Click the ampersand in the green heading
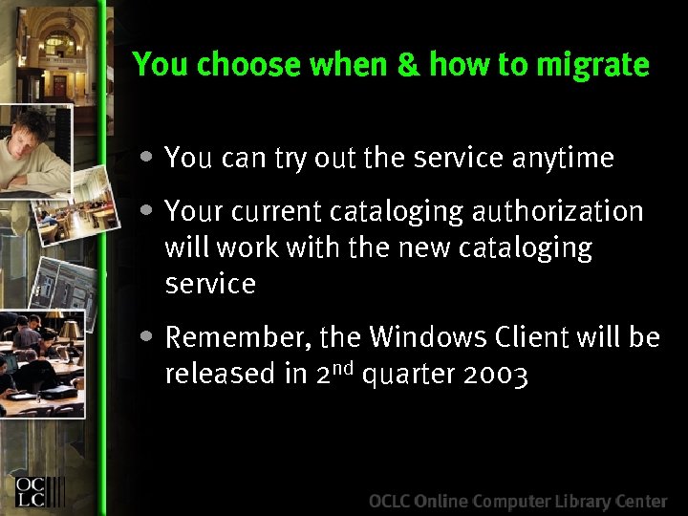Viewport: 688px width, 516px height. coord(409,64)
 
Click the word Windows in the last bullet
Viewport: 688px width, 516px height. coord(426,337)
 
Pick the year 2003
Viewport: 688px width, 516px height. coord(495,375)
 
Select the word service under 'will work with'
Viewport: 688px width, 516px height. coord(210,285)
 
